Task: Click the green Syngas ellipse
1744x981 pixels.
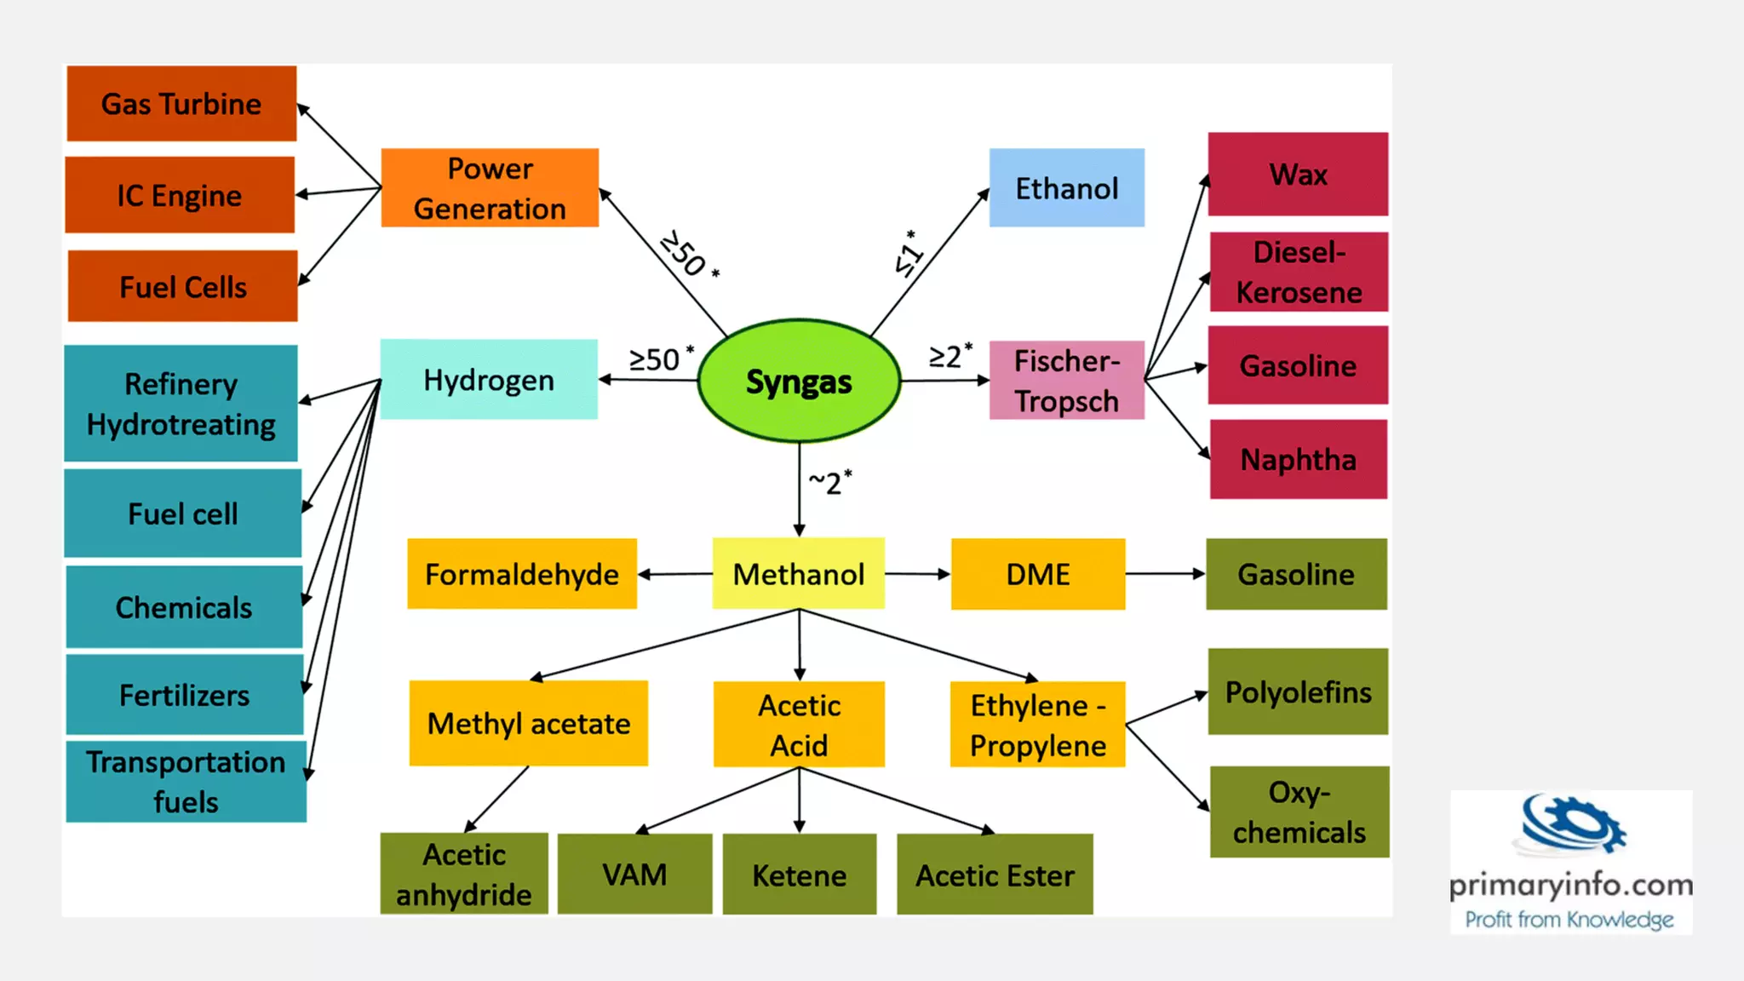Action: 799,381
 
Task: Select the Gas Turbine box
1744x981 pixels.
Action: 181,104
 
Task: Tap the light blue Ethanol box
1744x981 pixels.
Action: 1066,188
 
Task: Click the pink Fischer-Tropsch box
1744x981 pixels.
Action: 1066,381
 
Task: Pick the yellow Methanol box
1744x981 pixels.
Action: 798,574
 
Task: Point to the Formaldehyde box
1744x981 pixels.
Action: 521,574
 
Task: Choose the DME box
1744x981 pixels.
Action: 1037,574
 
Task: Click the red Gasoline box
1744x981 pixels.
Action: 1298,365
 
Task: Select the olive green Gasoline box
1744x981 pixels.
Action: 1296,574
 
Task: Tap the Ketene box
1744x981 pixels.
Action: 799,875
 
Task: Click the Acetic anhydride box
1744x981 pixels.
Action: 464,874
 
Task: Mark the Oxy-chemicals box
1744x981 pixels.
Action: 1299,812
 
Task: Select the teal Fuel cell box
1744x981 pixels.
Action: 183,513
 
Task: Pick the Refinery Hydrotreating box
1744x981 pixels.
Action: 181,404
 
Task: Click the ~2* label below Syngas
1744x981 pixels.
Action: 829,482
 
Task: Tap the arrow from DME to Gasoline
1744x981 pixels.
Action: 1165,574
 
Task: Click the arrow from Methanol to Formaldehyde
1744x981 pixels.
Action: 674,574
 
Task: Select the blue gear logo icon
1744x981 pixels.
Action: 1572,824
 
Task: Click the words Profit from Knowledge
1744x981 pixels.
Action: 1569,920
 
